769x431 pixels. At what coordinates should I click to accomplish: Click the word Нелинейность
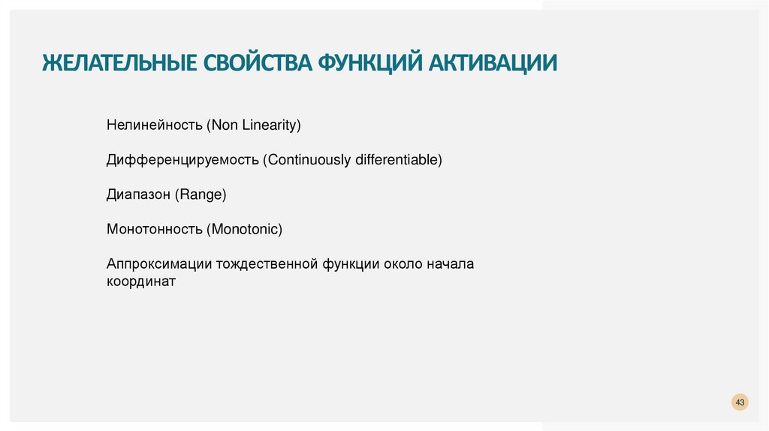(x=155, y=125)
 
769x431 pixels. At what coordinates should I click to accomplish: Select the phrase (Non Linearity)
(x=254, y=125)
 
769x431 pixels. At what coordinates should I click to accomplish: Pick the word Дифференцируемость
(x=182, y=160)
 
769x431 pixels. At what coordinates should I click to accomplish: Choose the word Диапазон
(x=138, y=194)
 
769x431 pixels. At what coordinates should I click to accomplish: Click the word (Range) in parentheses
(x=201, y=194)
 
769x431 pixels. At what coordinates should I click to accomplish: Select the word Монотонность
(x=155, y=229)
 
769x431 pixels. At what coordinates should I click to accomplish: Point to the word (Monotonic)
(x=245, y=229)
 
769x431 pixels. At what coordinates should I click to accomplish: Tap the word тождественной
(x=268, y=264)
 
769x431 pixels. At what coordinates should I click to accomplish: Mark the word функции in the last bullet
(x=351, y=264)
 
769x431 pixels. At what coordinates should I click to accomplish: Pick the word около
(x=403, y=264)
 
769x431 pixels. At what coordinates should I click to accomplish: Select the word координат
(x=140, y=282)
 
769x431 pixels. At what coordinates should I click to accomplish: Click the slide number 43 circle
(x=740, y=403)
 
